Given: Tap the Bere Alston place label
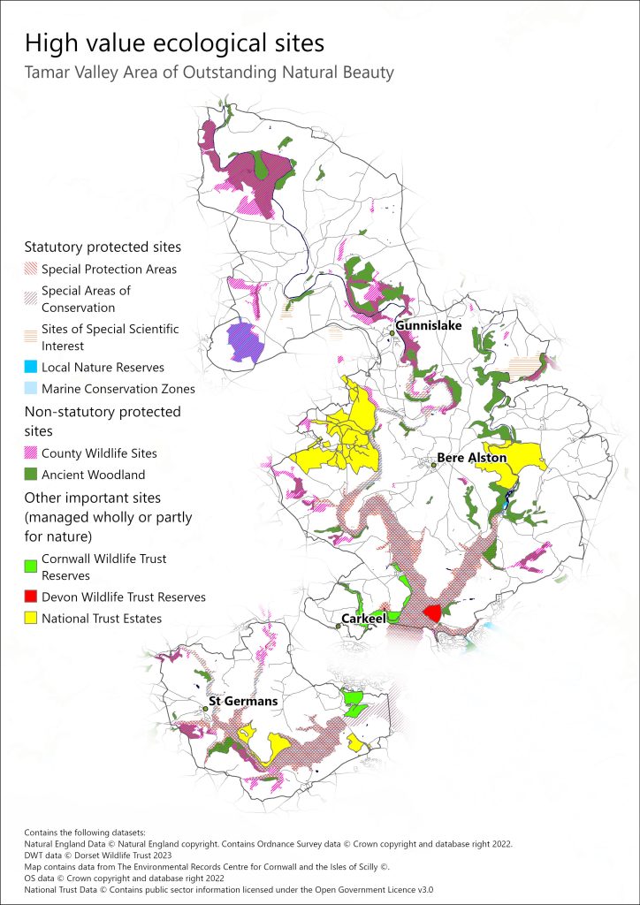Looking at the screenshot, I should coord(472,458).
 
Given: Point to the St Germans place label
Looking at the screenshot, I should coord(242,701).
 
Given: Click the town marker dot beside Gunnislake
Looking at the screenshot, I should coord(392,333).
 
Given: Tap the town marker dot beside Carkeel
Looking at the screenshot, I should coord(339,626).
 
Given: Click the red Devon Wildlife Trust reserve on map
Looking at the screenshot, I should coord(432,612).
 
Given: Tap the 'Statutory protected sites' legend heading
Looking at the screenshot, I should coord(103,247).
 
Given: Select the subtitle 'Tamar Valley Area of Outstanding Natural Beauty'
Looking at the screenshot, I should coord(209,72).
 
